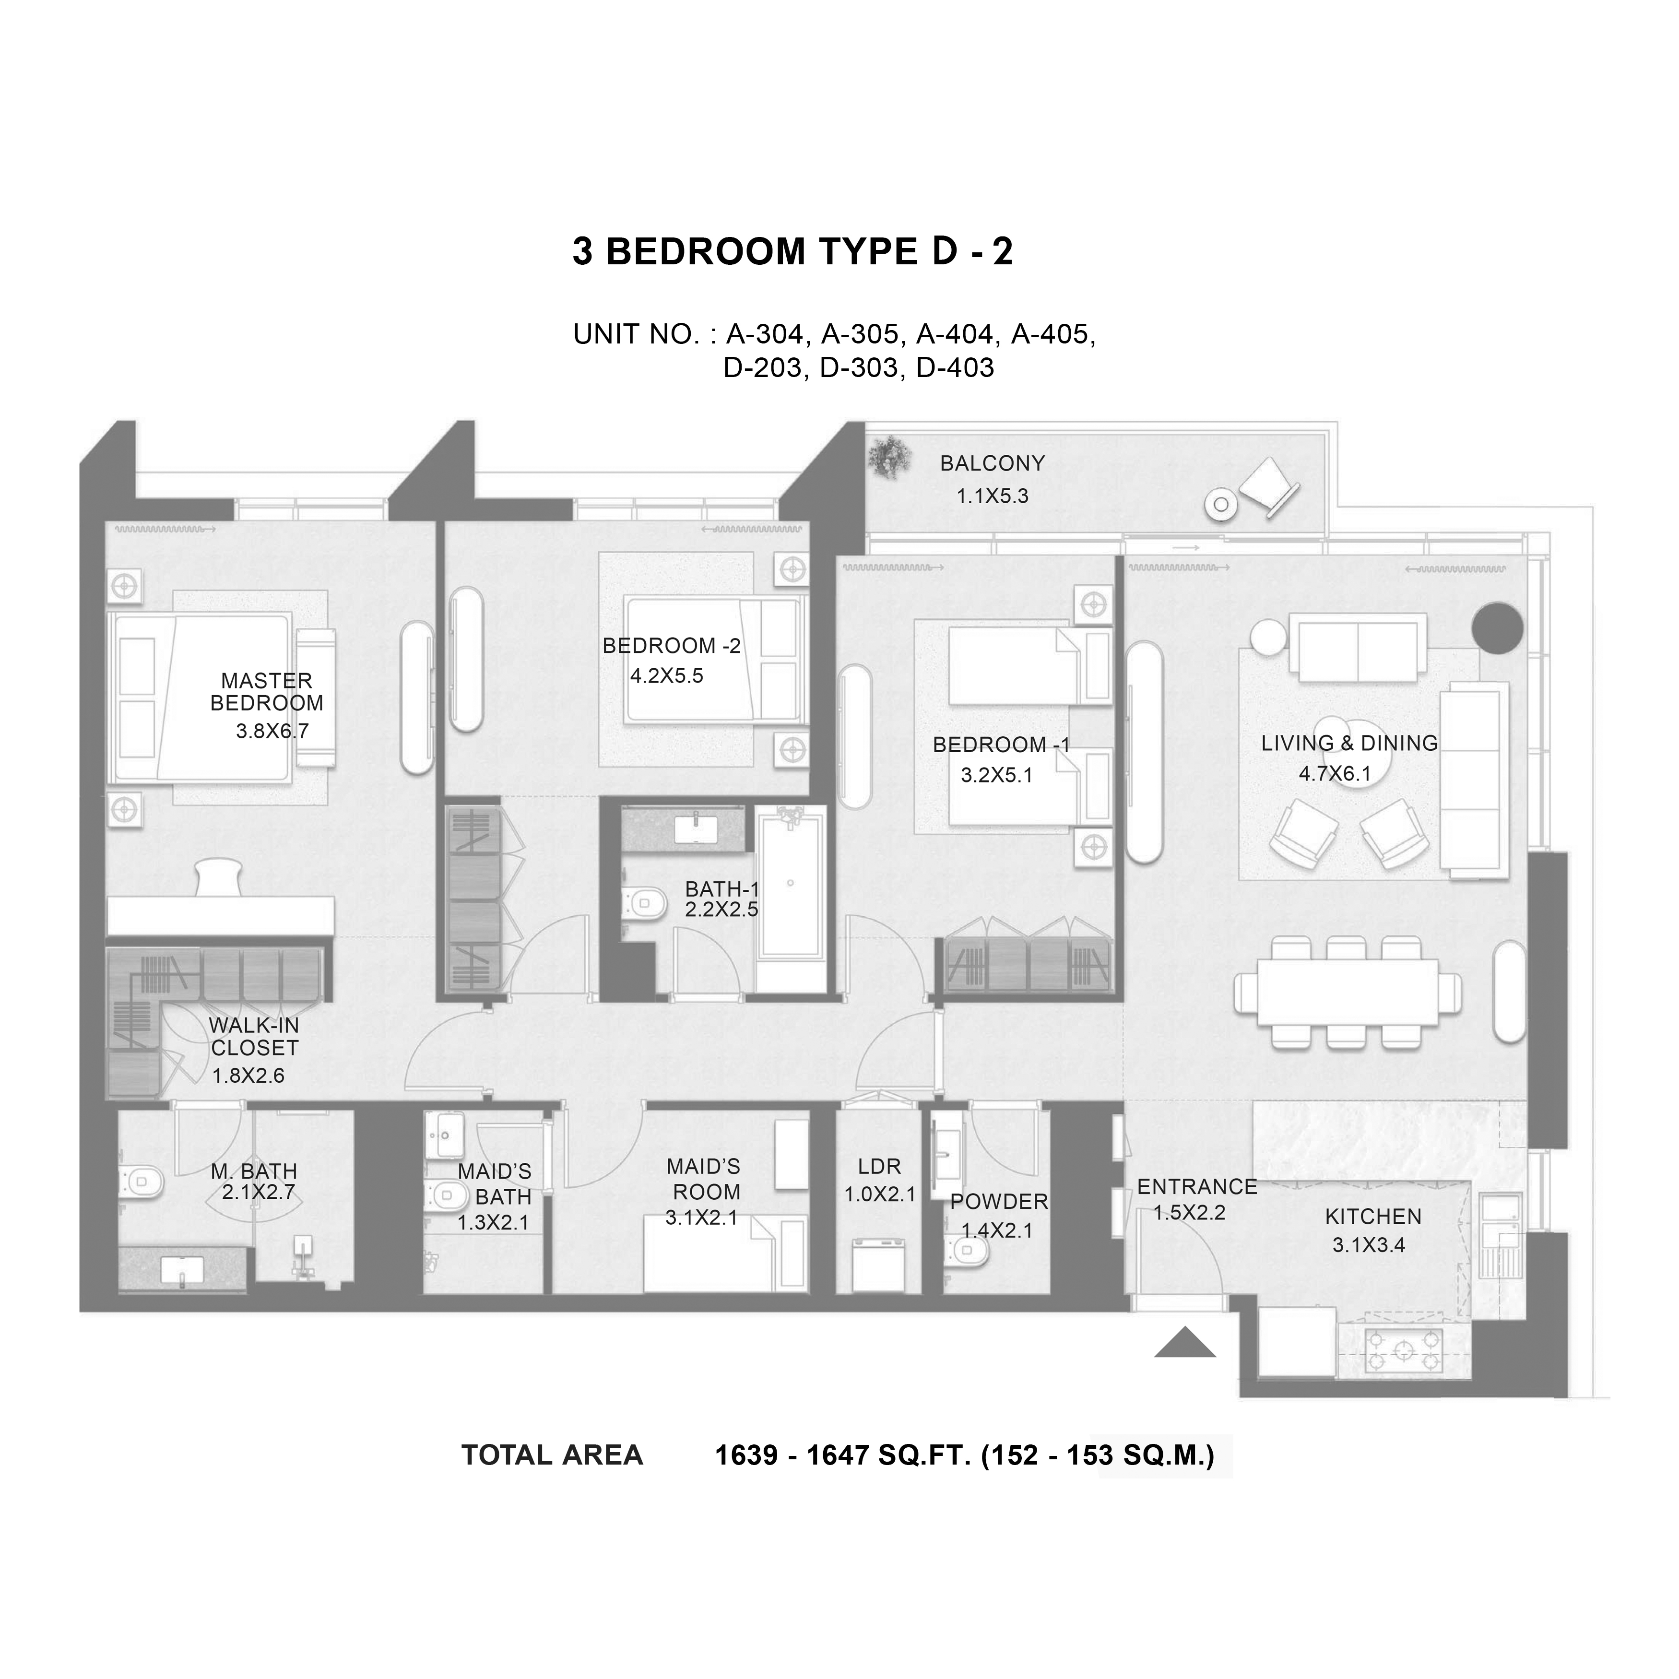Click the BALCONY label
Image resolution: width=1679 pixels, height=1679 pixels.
pyautogui.click(x=992, y=463)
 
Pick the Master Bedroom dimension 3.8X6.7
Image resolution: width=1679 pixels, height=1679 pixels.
pyautogui.click(x=272, y=731)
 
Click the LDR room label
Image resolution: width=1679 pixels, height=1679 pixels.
pyautogui.click(x=879, y=1166)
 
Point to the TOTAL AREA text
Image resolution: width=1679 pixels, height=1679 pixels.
pyautogui.click(x=552, y=1455)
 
